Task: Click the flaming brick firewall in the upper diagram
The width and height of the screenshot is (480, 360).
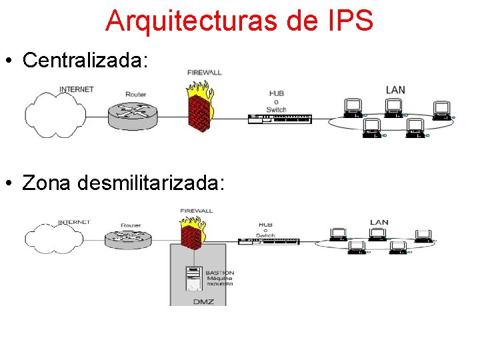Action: [199, 105]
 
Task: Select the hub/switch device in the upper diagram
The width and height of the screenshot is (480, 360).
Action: [279, 119]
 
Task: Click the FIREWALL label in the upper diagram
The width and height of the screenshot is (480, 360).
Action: [204, 73]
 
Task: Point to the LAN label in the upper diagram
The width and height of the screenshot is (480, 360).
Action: [395, 89]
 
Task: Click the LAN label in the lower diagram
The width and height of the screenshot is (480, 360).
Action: [379, 223]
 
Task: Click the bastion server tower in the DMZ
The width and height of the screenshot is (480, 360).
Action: [193, 279]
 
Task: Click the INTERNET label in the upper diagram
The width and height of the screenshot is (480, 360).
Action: [77, 89]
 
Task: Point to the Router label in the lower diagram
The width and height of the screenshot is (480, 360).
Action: [131, 225]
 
